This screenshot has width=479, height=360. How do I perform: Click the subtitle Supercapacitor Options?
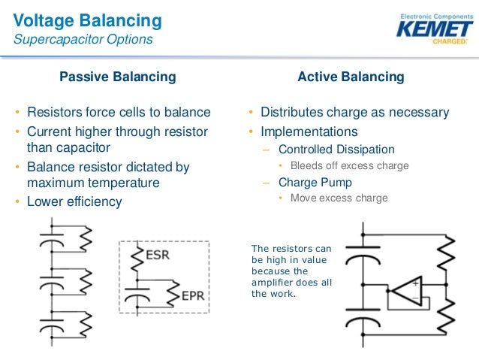click(x=83, y=39)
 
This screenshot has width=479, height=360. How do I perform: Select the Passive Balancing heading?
click(x=118, y=77)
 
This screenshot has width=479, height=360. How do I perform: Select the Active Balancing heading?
click(x=351, y=77)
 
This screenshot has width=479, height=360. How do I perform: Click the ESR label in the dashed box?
click(x=157, y=255)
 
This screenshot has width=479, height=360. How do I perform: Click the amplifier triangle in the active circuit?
click(x=406, y=291)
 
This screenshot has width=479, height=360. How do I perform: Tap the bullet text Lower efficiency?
click(x=74, y=201)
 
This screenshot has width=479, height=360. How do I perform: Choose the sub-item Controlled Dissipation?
click(x=336, y=149)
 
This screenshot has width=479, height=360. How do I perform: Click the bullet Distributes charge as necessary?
click(x=354, y=113)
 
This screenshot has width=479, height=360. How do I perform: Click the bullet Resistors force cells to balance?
click(x=119, y=113)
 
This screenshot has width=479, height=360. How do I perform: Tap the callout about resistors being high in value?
click(x=291, y=271)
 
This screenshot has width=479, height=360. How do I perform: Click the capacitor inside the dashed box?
click(x=137, y=297)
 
